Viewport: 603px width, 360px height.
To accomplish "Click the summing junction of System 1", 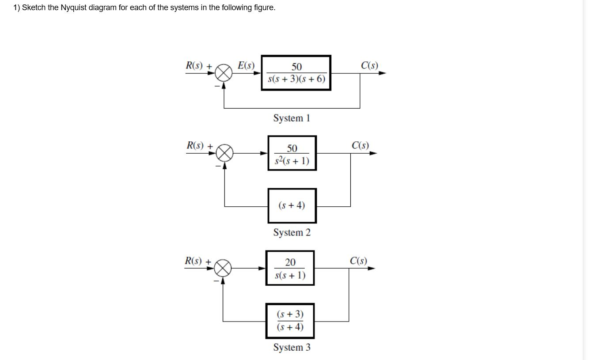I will tap(224, 73).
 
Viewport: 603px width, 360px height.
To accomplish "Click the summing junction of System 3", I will tap(223, 268).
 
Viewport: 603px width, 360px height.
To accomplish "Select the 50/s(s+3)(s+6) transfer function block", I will tap(296, 73).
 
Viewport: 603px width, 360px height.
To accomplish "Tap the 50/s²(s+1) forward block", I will tap(292, 153).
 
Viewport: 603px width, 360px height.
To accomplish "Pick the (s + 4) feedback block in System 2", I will tap(292, 205).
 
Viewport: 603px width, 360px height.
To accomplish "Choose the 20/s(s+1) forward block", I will tap(290, 268).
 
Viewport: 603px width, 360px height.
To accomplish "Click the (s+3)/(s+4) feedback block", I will tap(290, 321).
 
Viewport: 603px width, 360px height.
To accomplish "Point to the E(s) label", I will tap(246, 65).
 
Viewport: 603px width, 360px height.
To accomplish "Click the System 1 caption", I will tap(292, 118).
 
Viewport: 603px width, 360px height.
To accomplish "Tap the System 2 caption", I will tap(292, 232).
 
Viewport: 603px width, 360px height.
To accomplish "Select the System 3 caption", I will tap(292, 347).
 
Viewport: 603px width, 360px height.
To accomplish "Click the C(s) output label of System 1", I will tap(369, 65).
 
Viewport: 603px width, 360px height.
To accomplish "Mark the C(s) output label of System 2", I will tap(360, 145).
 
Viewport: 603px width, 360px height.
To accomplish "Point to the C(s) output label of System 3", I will tap(358, 261).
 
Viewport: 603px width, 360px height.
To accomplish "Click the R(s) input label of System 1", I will tap(195, 65).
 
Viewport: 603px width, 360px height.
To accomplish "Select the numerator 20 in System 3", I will tap(290, 262).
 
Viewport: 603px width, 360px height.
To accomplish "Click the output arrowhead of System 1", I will tap(382, 73).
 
